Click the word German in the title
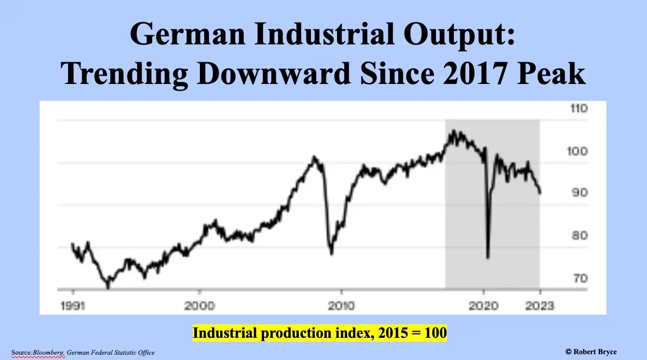click(x=188, y=34)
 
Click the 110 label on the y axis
click(x=579, y=109)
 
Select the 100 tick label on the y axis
click(x=577, y=151)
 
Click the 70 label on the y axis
click(x=580, y=278)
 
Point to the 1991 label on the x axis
click(x=73, y=306)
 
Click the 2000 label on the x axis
click(x=199, y=306)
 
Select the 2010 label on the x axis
click(x=341, y=306)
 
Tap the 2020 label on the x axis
click(x=483, y=306)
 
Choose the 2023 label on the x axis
click(x=539, y=306)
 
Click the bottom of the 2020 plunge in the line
click(x=488, y=258)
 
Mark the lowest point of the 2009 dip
click(x=332, y=253)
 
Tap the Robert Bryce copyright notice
click(x=591, y=352)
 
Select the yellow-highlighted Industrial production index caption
click(x=320, y=333)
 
